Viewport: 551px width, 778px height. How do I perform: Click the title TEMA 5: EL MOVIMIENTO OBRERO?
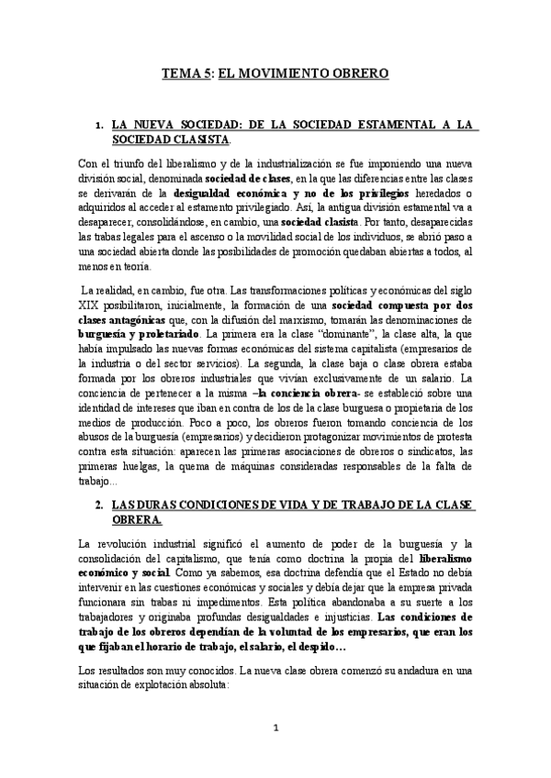(275, 72)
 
